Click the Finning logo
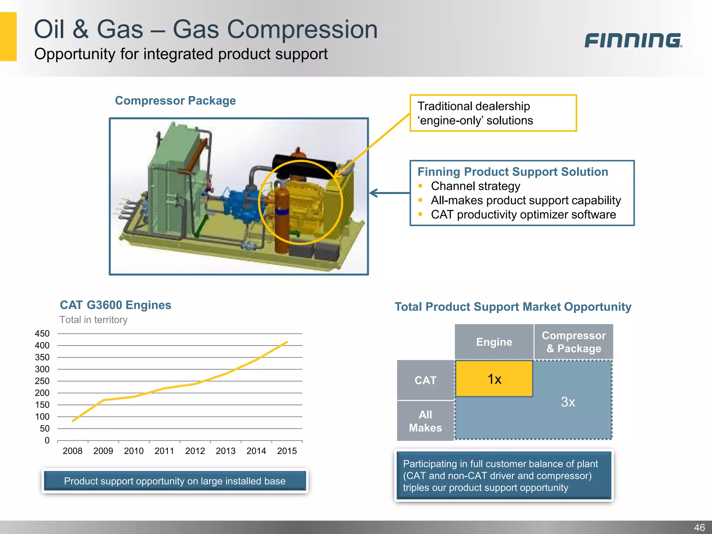click(633, 40)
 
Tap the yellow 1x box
click(494, 379)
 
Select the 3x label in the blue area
click(568, 402)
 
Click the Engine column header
click(494, 342)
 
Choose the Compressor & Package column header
click(574, 342)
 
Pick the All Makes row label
click(425, 421)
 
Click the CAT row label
click(425, 380)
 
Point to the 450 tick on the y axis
click(42, 334)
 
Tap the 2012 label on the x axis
click(195, 451)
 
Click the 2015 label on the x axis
click(287, 451)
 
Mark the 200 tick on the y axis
click(42, 393)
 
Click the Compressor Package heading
click(175, 101)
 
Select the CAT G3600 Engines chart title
click(115, 305)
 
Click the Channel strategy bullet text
click(475, 186)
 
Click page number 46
click(699, 527)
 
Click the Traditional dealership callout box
click(493, 113)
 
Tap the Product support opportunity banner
click(175, 481)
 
